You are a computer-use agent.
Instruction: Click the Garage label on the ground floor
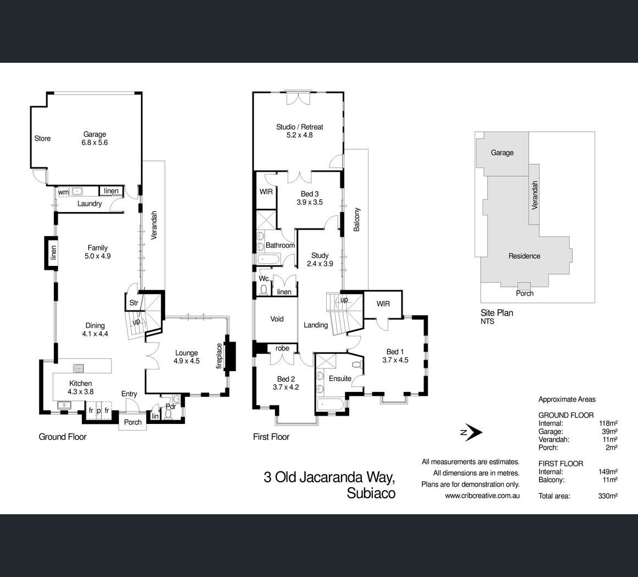point(95,134)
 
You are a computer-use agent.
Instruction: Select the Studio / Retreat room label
point(299,127)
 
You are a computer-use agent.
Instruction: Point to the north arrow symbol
point(471,432)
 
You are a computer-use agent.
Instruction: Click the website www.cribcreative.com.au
point(482,496)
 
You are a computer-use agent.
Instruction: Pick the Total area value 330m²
point(608,496)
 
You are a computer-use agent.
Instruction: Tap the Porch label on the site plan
point(525,293)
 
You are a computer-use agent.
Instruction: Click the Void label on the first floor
point(277,319)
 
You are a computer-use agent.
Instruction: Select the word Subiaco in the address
point(371,493)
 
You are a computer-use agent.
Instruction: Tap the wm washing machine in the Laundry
point(63,192)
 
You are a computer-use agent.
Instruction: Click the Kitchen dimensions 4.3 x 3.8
point(80,391)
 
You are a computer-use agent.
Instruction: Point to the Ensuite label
point(340,379)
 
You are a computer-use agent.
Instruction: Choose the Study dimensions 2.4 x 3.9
point(320,264)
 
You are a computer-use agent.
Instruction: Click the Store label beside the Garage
point(42,138)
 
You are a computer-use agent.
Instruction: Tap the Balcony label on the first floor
point(357,220)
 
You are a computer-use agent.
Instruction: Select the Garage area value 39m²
point(609,432)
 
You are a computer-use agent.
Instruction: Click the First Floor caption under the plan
point(271,437)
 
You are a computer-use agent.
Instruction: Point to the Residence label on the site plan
point(524,256)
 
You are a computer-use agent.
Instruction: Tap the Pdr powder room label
point(170,406)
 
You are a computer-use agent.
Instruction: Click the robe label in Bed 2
point(282,348)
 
